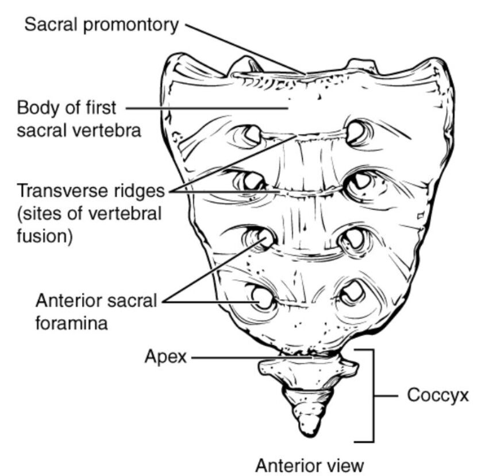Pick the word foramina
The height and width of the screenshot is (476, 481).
tap(72, 323)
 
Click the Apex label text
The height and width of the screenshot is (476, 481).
tap(166, 357)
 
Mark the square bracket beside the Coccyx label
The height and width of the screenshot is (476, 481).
tap(374, 396)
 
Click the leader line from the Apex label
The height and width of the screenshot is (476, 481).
tap(253, 357)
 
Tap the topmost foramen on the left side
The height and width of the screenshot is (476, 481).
tap(252, 135)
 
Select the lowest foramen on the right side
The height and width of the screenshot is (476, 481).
tap(351, 293)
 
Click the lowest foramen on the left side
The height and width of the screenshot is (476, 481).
tap(261, 297)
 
